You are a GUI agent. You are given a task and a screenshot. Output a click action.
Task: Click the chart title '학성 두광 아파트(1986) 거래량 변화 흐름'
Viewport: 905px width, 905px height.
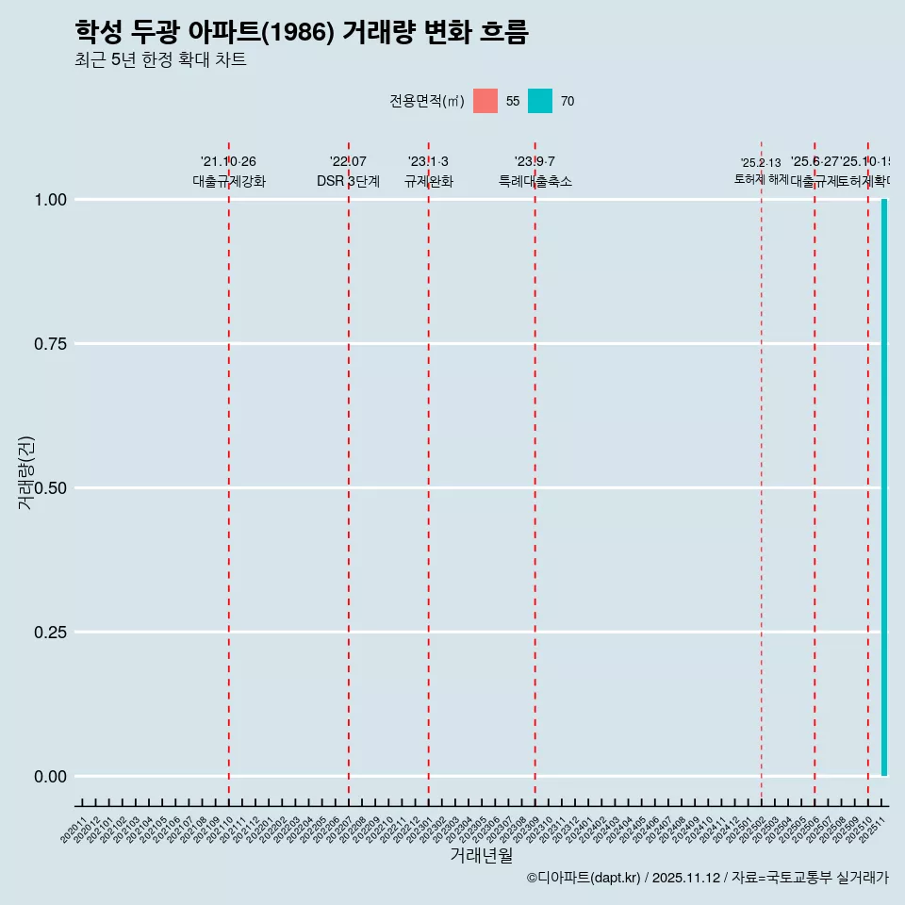pyautogui.click(x=301, y=32)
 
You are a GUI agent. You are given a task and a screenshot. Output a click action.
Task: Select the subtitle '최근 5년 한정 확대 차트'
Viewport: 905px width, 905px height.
pyautogui.click(x=160, y=60)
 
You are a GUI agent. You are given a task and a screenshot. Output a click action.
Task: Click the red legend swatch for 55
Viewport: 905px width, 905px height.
pyautogui.click(x=485, y=101)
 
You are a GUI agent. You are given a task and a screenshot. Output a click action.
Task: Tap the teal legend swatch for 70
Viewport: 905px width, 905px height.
pyautogui.click(x=540, y=101)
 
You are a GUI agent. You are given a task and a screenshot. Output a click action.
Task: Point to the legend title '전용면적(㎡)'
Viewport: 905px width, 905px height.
pyautogui.click(x=426, y=101)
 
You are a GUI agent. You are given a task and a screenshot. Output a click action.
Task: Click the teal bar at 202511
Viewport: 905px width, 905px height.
pyautogui.click(x=884, y=487)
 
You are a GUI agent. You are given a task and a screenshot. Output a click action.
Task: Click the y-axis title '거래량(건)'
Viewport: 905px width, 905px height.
pyautogui.click(x=25, y=472)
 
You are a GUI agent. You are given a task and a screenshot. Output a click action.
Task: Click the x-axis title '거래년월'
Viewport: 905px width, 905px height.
pyautogui.click(x=481, y=856)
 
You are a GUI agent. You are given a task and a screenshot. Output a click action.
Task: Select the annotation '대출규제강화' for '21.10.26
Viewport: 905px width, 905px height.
pyautogui.click(x=229, y=181)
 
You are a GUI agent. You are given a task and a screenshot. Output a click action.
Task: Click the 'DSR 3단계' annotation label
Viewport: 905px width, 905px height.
pyautogui.click(x=348, y=181)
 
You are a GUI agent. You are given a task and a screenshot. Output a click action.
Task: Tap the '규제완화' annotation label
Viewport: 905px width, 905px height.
pyautogui.click(x=429, y=181)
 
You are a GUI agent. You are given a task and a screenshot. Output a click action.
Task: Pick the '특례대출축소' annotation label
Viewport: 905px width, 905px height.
pyautogui.click(x=535, y=181)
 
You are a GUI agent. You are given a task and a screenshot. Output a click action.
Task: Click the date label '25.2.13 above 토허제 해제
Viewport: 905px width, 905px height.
pyautogui.click(x=760, y=163)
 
